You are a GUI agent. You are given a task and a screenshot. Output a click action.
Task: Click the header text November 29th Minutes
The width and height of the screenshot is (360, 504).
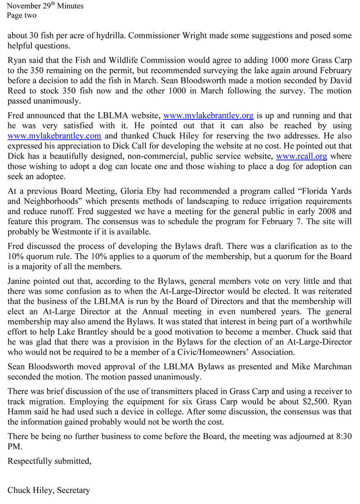coord(45,6)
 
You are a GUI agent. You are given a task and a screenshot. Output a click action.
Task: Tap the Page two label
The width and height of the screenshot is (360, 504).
coord(22,16)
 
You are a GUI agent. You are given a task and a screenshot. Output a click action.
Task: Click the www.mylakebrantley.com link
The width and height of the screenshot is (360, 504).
coord(54,136)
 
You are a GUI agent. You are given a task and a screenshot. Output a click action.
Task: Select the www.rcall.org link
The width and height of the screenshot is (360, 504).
coord(301,156)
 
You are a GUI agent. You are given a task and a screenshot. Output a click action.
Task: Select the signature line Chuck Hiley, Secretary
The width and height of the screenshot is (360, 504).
coord(49,490)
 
